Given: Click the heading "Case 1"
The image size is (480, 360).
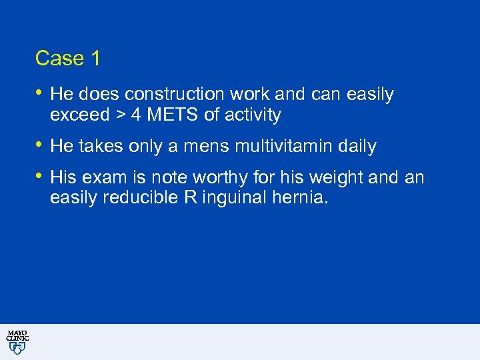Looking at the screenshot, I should pyautogui.click(x=68, y=59).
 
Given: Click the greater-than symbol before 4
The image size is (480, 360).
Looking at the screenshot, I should pyautogui.click(x=120, y=115).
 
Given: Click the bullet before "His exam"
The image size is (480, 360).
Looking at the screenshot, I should pyautogui.click(x=40, y=177).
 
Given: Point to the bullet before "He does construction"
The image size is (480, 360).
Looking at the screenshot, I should pyautogui.click(x=40, y=93).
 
